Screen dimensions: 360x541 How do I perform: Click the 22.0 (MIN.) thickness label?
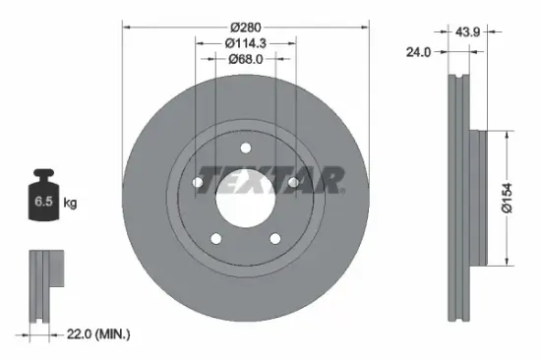(x=95, y=334)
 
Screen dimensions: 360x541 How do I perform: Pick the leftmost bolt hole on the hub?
(x=198, y=183)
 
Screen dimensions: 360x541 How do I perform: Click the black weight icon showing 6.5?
(x=44, y=201)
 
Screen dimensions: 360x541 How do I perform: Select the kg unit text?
(x=70, y=204)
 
